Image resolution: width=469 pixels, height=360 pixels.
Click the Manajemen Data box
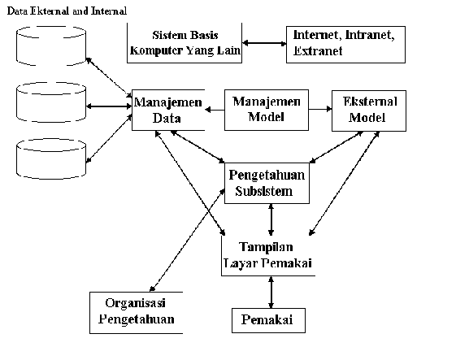pos(168,110)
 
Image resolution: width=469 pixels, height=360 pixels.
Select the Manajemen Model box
pos(267,110)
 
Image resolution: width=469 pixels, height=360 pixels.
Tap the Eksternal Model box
pos(369,111)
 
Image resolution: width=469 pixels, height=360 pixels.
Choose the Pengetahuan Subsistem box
pos(267,184)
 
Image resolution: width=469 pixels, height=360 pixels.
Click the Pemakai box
pos(268,320)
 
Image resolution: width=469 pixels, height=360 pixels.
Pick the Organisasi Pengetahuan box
pos(136,313)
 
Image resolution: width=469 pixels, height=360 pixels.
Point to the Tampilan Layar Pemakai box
pos(268,256)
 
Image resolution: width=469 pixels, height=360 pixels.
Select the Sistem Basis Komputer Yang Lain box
pos(185,43)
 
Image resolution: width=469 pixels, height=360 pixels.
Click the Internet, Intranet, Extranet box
pos(345,45)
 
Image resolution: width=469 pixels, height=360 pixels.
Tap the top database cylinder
pos(51,46)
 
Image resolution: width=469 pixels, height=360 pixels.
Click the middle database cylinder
pos(51,102)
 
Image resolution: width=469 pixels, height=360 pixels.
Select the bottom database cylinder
pos(51,158)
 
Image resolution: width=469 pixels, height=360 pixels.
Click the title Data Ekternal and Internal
pos(67,11)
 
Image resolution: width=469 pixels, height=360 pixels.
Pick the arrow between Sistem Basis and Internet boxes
pos(264,43)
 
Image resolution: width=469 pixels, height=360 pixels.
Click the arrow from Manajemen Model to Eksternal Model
pos(320,109)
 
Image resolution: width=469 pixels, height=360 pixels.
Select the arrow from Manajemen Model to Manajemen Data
pos(215,110)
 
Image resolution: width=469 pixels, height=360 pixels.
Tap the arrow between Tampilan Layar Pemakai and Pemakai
pos(271,292)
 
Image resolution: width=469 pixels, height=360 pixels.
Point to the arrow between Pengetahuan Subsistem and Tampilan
pos(271,219)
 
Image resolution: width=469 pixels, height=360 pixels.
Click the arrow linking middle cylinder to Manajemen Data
pos(109,106)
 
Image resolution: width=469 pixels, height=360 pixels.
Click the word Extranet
pos(318,51)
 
